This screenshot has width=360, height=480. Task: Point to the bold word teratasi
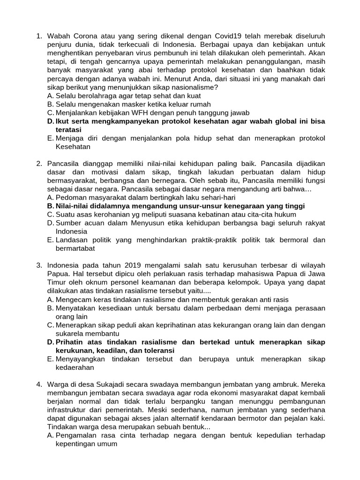click(x=68, y=129)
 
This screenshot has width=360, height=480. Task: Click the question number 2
click(x=39, y=163)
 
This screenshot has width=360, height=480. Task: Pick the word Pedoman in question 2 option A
click(x=70, y=197)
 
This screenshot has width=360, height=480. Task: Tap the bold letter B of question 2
click(x=50, y=206)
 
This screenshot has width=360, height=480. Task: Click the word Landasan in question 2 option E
click(x=71, y=240)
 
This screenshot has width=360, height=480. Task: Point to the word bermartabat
click(x=75, y=248)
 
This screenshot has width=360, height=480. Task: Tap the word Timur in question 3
click(x=57, y=282)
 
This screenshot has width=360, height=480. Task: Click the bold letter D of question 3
click(x=50, y=342)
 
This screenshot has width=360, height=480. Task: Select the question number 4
click(x=39, y=384)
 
